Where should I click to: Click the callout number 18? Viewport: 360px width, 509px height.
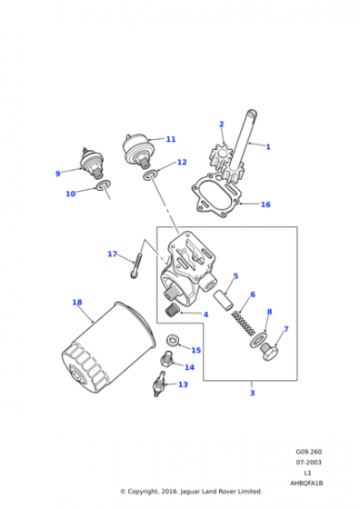pos(77,302)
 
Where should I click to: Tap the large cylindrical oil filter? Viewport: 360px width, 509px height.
pos(109,347)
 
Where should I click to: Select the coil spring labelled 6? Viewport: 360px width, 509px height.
pos(244,323)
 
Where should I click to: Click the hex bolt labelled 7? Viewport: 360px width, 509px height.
pos(269,353)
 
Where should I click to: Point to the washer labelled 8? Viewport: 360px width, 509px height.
pos(258,340)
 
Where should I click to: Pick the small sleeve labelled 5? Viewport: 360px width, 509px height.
pos(224,298)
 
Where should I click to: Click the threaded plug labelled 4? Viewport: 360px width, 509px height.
pos(173,310)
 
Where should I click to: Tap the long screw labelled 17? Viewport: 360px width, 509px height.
pos(136,265)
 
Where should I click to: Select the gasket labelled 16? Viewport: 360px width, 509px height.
pos(216,195)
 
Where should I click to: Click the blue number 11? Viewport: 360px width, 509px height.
pos(171,139)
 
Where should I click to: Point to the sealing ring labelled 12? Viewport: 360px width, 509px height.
pos(150,175)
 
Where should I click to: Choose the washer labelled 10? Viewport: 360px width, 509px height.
pos(103,185)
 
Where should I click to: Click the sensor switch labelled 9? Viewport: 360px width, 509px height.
pos(92,163)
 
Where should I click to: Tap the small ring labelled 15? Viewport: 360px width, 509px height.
pos(172,340)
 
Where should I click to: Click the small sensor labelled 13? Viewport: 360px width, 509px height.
pos(158,384)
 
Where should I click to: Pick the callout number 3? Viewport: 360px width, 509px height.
pos(252,393)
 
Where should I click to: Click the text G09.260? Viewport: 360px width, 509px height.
pos(308,452)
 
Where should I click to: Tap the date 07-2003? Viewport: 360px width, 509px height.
pos(308,462)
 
